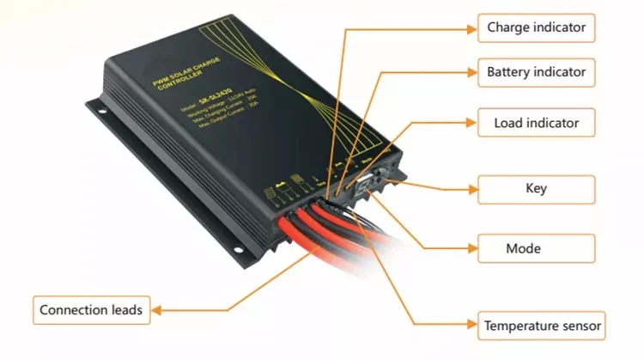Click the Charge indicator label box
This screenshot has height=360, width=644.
pos(536,27)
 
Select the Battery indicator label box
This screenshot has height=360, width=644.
pos(536,72)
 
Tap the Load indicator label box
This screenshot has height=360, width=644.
pos(536,123)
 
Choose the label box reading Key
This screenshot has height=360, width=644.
pos(536,188)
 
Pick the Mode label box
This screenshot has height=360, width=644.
pos(536,248)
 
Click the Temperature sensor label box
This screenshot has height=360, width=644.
pos(543,326)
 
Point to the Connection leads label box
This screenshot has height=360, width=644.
pos(91,309)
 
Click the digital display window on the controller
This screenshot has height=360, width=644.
pos(365,181)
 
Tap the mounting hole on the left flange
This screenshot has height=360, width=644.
pos(96,107)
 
